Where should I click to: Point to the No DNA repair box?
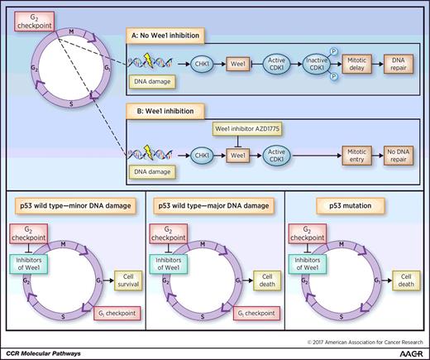(400, 154)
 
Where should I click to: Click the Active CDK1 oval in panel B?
(279, 154)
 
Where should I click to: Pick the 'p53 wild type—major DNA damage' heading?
(214, 203)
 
